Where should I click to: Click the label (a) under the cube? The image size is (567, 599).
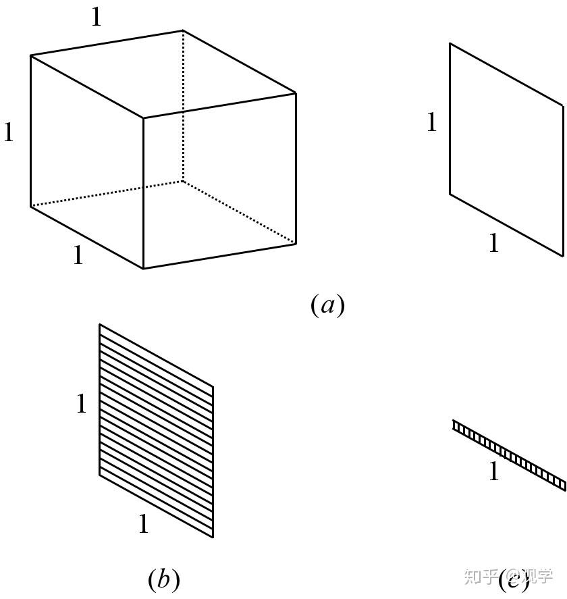[x=327, y=305]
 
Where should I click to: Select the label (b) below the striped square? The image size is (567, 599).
[x=163, y=579]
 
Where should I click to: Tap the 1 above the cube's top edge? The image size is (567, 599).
[x=97, y=18]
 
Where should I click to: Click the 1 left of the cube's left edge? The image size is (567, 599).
[x=9, y=132]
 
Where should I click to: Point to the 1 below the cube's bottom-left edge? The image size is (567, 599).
[x=78, y=255]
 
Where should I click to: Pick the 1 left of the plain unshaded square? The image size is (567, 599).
[x=432, y=122]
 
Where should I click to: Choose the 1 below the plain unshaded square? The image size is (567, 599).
[x=493, y=243]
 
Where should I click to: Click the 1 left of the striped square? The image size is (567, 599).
[x=82, y=404]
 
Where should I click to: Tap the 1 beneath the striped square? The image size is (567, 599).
[x=143, y=524]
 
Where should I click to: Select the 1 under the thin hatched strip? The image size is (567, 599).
[x=493, y=472]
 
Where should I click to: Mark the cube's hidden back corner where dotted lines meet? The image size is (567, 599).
[x=183, y=181]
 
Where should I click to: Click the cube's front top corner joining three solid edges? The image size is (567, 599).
[x=143, y=118]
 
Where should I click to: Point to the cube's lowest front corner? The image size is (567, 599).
[x=143, y=269]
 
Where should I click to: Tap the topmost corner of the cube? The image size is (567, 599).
[x=183, y=30]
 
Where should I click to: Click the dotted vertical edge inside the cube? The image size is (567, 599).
[x=183, y=108]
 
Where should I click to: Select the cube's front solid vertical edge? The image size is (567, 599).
[x=143, y=196]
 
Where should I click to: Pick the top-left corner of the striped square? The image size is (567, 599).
[x=100, y=324]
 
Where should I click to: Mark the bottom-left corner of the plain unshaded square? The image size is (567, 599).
[x=450, y=194]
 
